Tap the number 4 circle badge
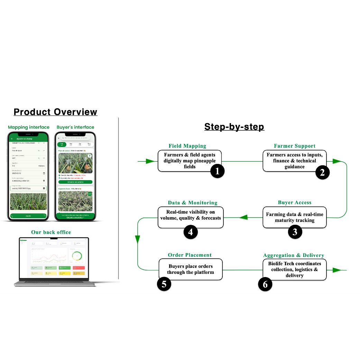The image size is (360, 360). (x=191, y=232)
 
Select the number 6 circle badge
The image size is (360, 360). (x=265, y=284)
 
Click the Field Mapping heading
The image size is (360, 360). (x=187, y=146)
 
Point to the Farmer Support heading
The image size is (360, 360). (x=294, y=146)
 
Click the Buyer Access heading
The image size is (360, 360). (x=294, y=203)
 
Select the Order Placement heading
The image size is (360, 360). (x=190, y=255)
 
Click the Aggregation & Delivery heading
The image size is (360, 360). (x=294, y=256)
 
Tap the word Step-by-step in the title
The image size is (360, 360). (x=234, y=127)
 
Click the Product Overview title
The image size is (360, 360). (x=55, y=112)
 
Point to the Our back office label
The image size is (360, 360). (x=51, y=232)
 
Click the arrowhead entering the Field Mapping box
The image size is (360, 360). (x=150, y=161)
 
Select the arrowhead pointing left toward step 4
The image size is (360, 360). (x=244, y=218)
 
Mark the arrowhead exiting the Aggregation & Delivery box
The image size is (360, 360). (x=336, y=270)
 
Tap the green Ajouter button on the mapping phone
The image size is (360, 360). (x=29, y=216)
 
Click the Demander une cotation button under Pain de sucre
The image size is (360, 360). (x=75, y=182)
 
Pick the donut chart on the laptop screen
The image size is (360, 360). (x=76, y=256)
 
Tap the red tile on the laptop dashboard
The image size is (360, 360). (x=79, y=267)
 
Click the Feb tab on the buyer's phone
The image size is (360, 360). (x=62, y=144)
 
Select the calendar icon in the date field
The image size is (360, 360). (x=44, y=173)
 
